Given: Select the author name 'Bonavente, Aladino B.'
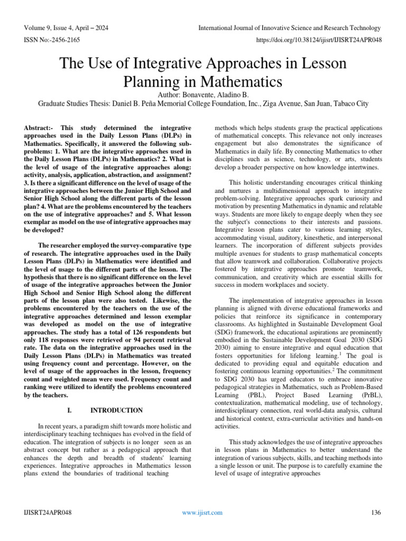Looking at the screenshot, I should tap(219, 95).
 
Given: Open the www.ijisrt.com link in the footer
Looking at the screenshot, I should tap(202, 512).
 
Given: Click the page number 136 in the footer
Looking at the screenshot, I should tap(377, 512).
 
